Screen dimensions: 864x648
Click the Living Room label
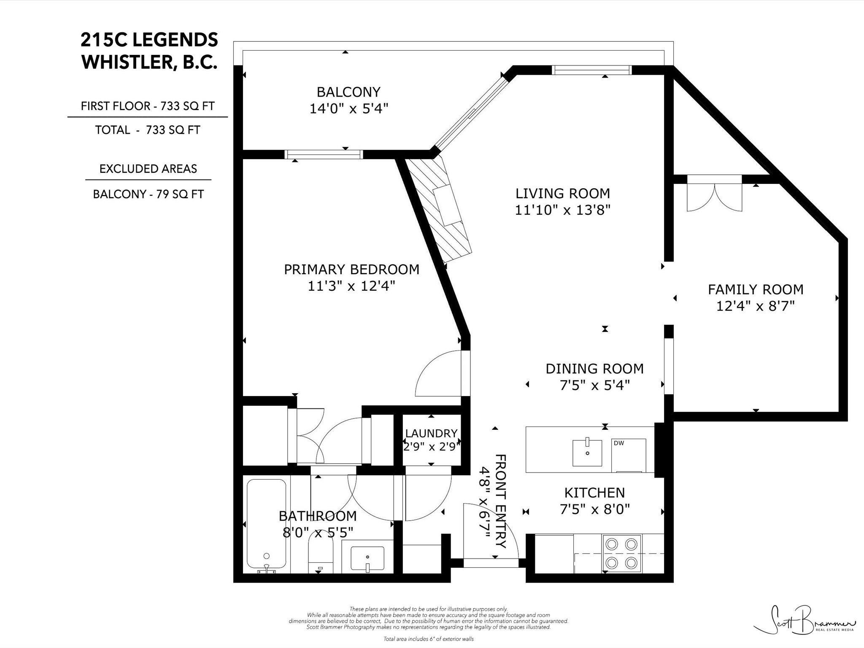(563, 194)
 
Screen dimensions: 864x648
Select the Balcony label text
(348, 92)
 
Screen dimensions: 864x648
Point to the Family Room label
(756, 289)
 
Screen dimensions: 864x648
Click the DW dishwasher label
(619, 443)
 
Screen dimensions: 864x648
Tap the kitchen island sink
(587, 453)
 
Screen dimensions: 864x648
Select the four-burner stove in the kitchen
(622, 553)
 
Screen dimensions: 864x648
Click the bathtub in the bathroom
(266, 525)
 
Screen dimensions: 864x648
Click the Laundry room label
(431, 433)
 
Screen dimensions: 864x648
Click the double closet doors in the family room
(714, 193)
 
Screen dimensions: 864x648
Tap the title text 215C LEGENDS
(149, 40)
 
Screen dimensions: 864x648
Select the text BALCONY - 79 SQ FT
(148, 194)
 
